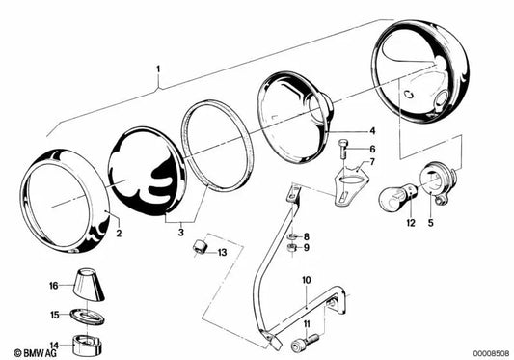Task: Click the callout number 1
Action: point(158,69)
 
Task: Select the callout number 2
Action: point(119,233)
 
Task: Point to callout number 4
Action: point(371,130)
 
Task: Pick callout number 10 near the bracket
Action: point(304,280)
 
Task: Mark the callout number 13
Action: point(222,253)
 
